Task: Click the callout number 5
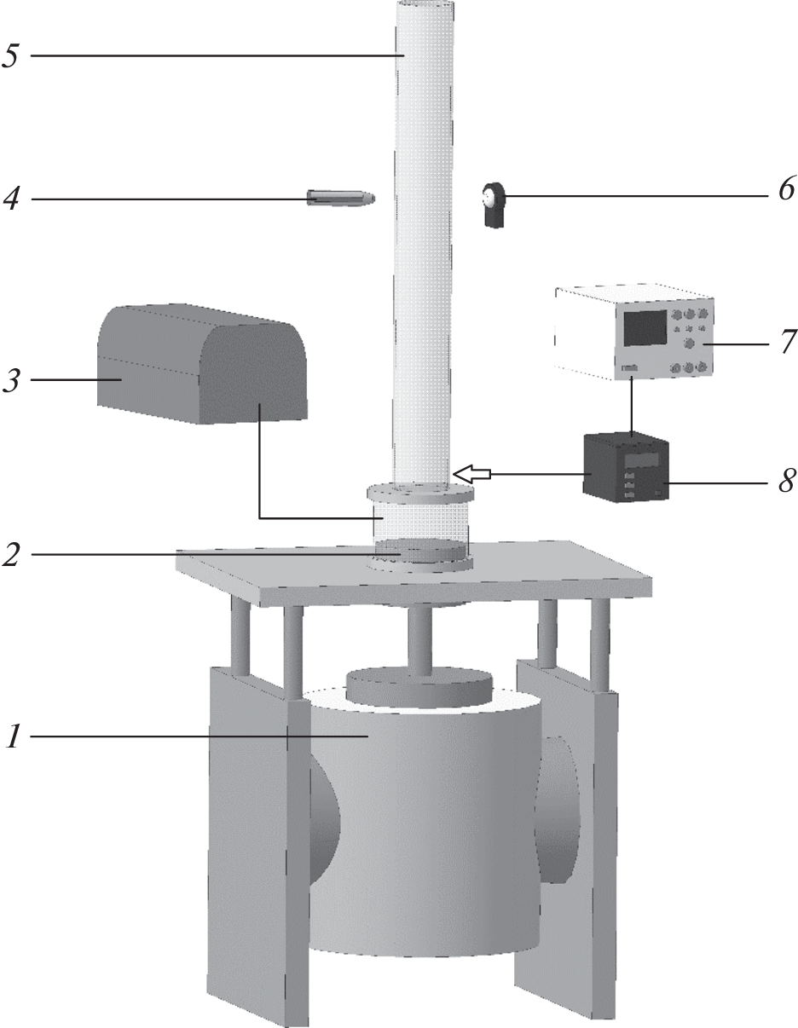11,56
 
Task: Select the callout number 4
12,199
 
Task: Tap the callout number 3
11,380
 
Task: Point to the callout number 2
11,553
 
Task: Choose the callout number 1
13,736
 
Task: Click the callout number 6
786,189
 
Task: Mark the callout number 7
787,342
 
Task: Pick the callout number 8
786,482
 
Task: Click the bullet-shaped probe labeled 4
341,197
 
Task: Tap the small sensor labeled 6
494,205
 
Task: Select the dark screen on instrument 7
645,328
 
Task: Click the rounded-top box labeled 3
202,363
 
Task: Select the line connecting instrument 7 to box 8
633,407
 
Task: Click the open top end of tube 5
424,5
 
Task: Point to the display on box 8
640,459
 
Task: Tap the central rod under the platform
420,638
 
